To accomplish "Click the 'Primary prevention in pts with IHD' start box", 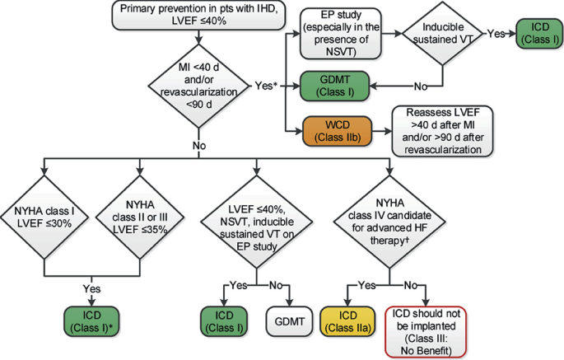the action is (x=198, y=15).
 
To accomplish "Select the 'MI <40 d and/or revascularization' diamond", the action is (x=199, y=86).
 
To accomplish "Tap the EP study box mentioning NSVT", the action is (x=340, y=34).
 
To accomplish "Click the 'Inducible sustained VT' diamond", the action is (x=442, y=34).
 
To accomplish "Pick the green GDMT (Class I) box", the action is (x=334, y=86).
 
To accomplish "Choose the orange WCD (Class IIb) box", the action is (x=338, y=131).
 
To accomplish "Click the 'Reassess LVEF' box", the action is (x=442, y=131).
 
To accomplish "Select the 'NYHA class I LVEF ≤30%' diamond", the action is (x=44, y=217).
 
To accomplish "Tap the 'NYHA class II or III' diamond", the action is (x=140, y=217).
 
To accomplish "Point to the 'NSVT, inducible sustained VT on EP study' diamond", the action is (x=256, y=222).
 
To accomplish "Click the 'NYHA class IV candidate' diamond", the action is (x=389, y=222).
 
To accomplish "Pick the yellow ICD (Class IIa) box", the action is (x=347, y=321).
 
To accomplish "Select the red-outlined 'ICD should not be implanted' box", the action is (x=426, y=332).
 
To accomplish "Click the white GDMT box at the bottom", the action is (x=290, y=321).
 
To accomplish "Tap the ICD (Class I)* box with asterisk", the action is (x=91, y=321).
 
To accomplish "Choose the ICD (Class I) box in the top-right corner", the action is (x=539, y=34).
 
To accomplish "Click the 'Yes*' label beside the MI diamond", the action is (x=266, y=86).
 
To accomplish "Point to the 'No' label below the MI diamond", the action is (x=199, y=146).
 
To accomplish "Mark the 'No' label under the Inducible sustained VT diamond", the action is (x=421, y=86).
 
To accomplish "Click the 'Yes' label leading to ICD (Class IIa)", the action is (x=367, y=286).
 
